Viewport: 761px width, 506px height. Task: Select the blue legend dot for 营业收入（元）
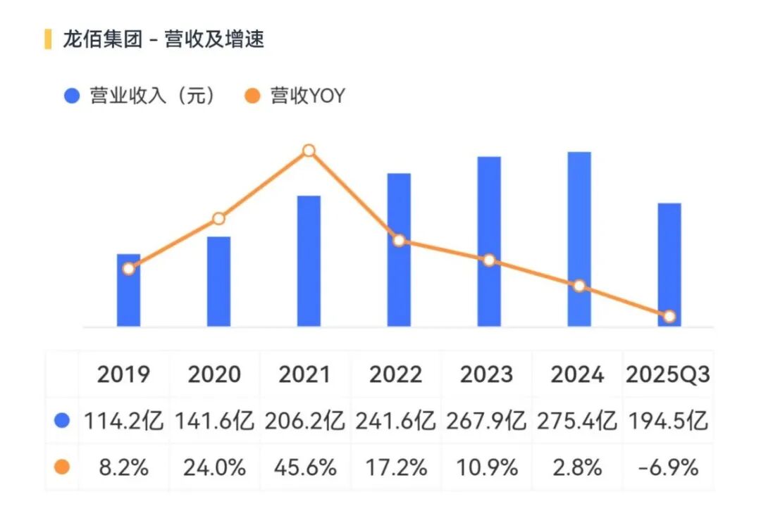[72, 96]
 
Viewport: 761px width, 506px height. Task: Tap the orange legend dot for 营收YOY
[253, 96]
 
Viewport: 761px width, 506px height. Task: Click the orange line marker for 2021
[309, 151]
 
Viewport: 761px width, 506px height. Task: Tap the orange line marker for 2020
[218, 219]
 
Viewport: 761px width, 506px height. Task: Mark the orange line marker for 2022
[399, 241]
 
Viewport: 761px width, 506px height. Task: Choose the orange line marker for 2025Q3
[669, 317]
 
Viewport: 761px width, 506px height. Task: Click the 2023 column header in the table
[487, 374]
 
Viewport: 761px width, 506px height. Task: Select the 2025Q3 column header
[668, 374]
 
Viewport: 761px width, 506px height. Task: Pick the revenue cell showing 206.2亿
[306, 421]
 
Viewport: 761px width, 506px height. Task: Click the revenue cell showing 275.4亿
[577, 421]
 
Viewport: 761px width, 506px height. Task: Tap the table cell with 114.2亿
[125, 421]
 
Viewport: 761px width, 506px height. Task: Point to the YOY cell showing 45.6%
[306, 467]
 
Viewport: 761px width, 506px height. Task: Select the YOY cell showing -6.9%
[668, 467]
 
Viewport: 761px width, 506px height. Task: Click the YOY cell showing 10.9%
[487, 467]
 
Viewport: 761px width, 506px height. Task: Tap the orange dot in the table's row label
[62, 467]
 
